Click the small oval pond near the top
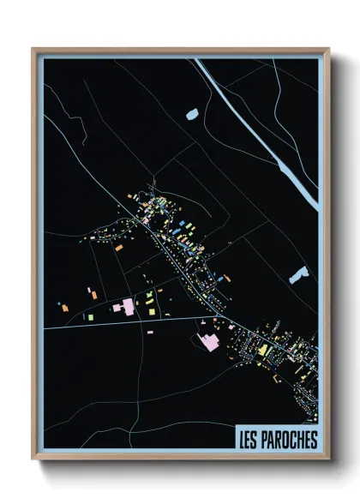[x=191, y=112]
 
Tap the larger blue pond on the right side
[x=298, y=275]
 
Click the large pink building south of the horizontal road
[x=209, y=342]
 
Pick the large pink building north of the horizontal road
[x=125, y=306]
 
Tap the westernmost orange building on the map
[x=64, y=304]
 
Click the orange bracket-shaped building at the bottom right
[x=276, y=376]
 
